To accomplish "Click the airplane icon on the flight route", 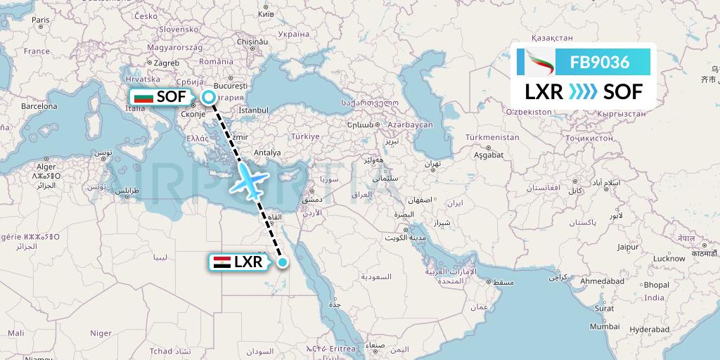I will click(248, 181).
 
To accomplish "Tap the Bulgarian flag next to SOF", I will click(143, 98).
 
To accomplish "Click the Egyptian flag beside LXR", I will click(221, 263).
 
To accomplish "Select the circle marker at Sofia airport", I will click(208, 98).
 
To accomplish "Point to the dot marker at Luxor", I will click(282, 262).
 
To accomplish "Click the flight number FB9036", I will click(599, 63).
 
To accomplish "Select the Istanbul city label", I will click(254, 110).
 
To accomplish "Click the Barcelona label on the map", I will click(39, 107).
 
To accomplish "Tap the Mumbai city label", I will click(605, 326).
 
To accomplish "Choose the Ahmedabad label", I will click(603, 281).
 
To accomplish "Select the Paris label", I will click(41, 21).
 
